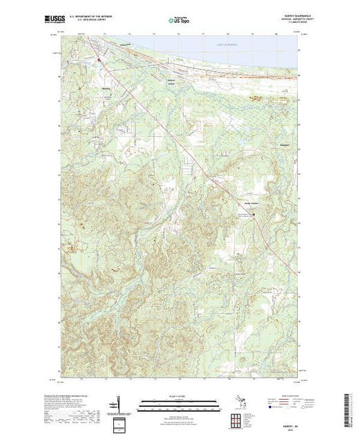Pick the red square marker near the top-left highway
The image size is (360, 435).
click(98, 60)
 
